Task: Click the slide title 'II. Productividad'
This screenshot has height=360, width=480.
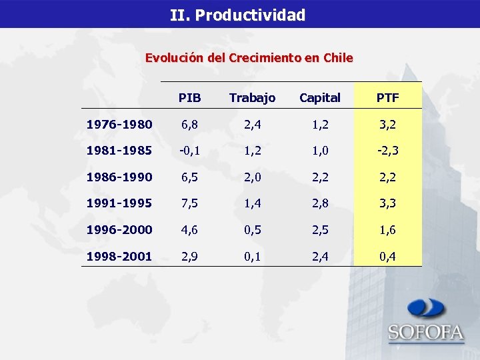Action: [x=237, y=15]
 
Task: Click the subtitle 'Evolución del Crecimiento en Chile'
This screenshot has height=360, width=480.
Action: [x=249, y=58]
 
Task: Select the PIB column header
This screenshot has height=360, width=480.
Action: [x=189, y=98]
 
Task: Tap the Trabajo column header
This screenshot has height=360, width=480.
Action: [x=252, y=98]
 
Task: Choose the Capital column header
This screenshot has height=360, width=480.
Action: [x=319, y=98]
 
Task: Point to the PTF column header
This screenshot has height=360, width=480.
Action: [x=387, y=98]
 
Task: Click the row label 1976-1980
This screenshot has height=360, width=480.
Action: [x=119, y=125]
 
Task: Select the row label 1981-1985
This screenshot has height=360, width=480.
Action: [x=119, y=151]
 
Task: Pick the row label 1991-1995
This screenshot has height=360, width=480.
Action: [x=119, y=203]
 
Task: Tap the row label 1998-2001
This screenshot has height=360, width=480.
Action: [x=119, y=256]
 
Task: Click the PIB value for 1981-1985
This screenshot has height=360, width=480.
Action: [x=189, y=151]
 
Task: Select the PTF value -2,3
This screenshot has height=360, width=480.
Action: [x=387, y=151]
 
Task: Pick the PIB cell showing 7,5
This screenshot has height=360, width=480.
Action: [x=189, y=203]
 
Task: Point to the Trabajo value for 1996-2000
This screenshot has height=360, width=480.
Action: [x=252, y=229]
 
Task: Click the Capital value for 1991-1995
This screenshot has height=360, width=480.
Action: [x=319, y=203]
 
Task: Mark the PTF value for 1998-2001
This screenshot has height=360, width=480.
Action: [x=387, y=256]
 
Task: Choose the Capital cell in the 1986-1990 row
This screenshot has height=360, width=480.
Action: [x=319, y=177]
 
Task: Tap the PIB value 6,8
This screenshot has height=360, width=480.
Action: [x=189, y=125]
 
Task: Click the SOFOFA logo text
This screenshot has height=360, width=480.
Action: [x=426, y=333]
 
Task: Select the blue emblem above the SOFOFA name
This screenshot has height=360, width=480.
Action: [x=427, y=309]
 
